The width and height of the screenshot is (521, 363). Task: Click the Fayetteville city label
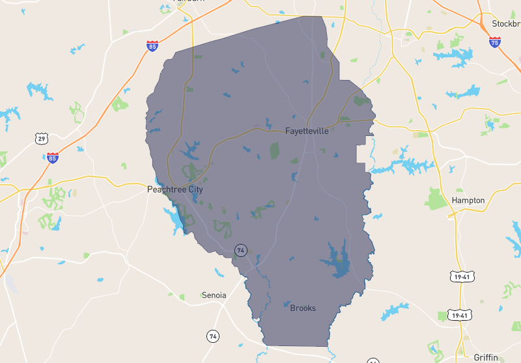[x=307, y=131]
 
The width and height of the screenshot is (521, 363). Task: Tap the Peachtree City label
[x=175, y=189]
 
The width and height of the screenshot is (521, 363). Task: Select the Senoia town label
[x=214, y=295]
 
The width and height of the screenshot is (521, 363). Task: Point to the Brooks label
[x=303, y=308]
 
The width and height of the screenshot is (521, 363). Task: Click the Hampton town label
[x=469, y=200]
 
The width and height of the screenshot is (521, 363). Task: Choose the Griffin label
[x=486, y=357]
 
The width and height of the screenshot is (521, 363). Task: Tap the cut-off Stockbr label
[x=506, y=23]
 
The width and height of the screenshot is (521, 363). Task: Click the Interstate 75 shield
[x=495, y=42]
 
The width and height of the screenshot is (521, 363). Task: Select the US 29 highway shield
[x=42, y=139]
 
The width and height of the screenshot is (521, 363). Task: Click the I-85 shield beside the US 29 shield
[x=53, y=157]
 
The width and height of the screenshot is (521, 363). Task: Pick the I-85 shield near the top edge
[x=152, y=46]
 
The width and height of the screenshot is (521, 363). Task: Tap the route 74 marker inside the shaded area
[x=241, y=250]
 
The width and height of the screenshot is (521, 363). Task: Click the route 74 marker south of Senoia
[x=213, y=336]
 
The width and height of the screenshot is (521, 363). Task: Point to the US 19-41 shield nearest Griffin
[x=459, y=316]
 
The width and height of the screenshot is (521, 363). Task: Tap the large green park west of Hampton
[x=436, y=198]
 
